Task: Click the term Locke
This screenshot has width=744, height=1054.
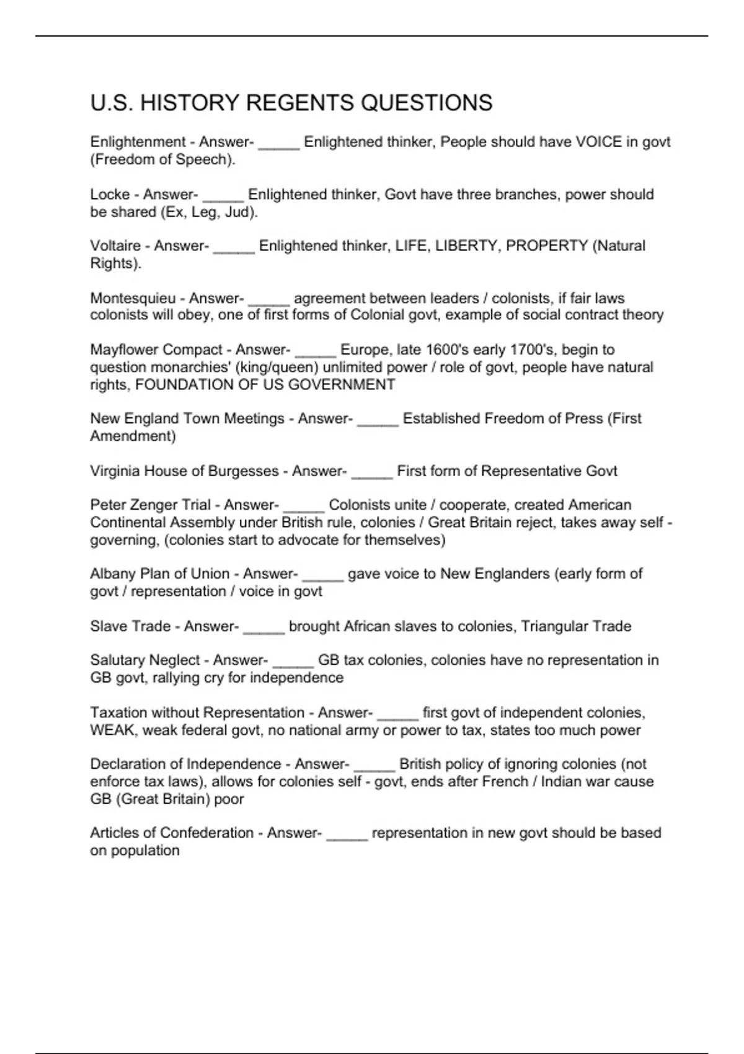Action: [x=110, y=195]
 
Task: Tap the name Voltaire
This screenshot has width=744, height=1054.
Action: [x=115, y=246]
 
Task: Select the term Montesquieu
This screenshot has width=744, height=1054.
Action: [x=133, y=298]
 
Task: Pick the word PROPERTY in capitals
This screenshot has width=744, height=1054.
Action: [x=547, y=246]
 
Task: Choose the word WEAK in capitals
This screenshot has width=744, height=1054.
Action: [x=112, y=730]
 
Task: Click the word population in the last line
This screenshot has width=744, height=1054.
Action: [x=145, y=850]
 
